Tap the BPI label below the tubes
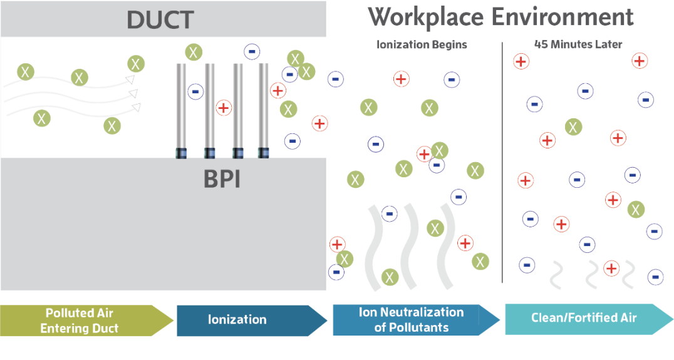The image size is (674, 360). point(222,179)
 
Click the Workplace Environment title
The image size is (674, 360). point(500,17)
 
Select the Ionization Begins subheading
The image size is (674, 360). point(422,45)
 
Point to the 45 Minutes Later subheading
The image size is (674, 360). point(578,44)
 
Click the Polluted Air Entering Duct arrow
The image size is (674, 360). point(81,321)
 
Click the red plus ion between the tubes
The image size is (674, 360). point(224,108)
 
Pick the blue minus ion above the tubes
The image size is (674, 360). point(252,51)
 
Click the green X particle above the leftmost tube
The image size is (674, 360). point(194,52)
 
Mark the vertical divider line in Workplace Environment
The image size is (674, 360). point(502,163)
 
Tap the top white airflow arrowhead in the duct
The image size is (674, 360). point(130,80)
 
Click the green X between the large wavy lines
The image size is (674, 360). point(435,228)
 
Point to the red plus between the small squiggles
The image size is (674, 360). point(611,269)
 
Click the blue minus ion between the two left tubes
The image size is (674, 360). point(195,91)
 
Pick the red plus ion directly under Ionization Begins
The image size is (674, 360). point(401,79)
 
